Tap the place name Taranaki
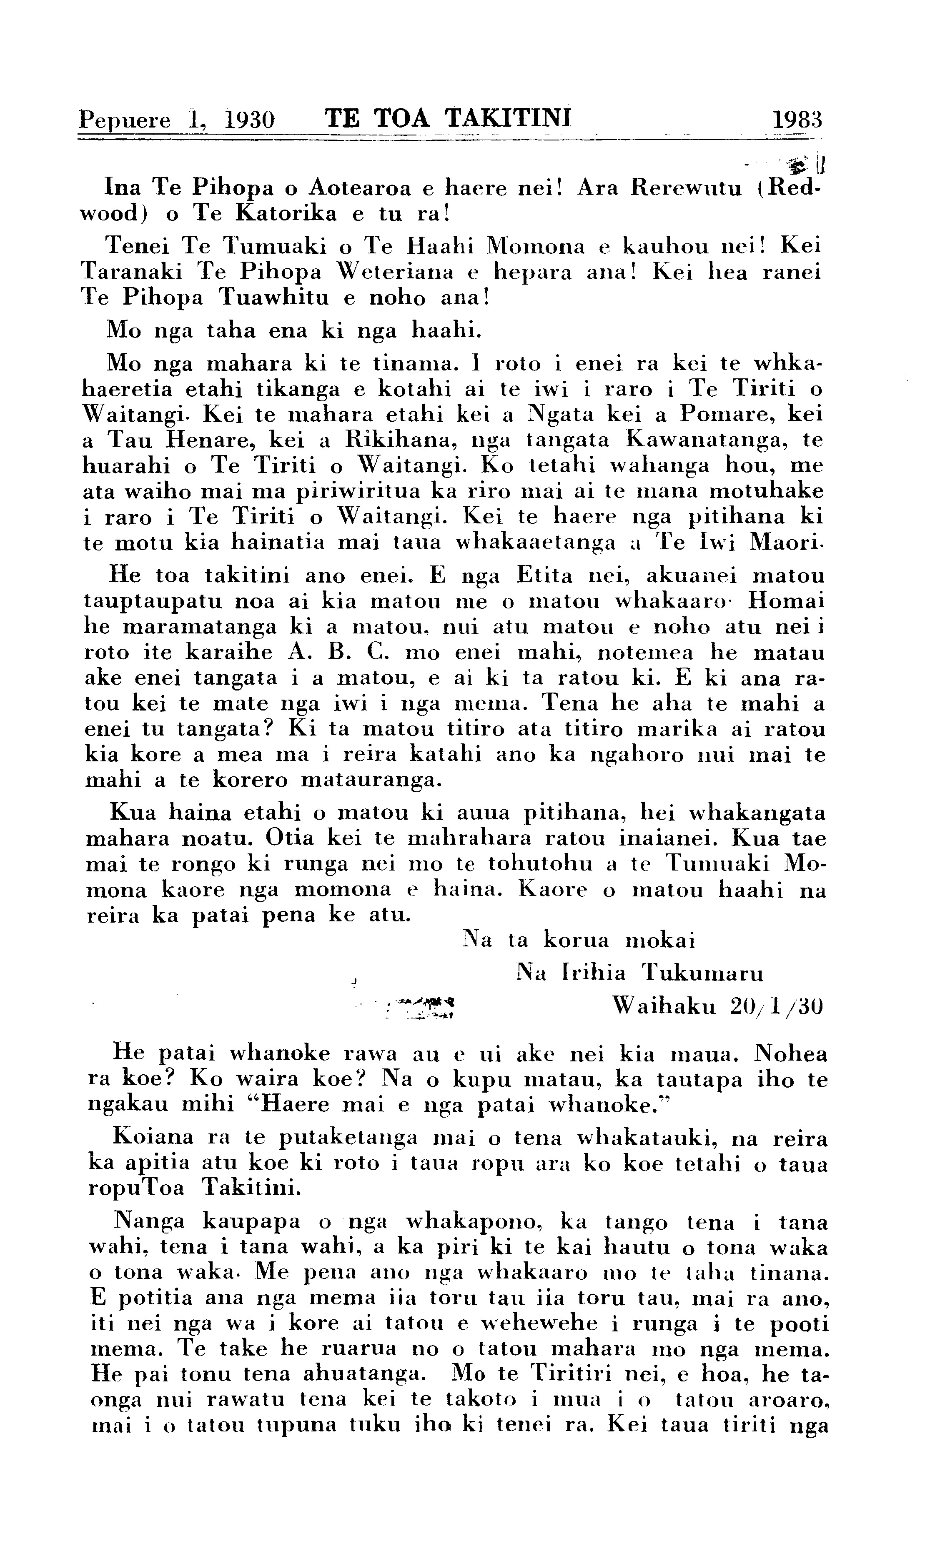point(130,272)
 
